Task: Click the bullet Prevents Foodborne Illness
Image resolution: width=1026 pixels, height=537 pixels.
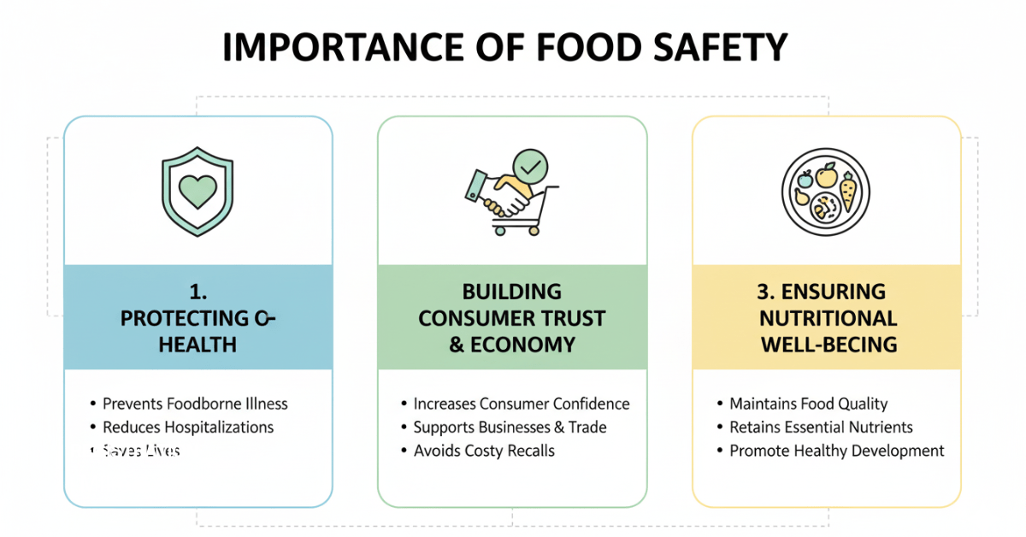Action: coord(195,404)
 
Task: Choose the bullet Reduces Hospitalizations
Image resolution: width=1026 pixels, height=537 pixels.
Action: coord(188,427)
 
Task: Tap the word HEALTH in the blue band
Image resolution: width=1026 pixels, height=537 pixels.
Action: coord(198,345)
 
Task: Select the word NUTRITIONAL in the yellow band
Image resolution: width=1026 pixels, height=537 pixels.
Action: coord(828,318)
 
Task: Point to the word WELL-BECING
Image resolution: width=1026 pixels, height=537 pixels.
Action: coord(828,345)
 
